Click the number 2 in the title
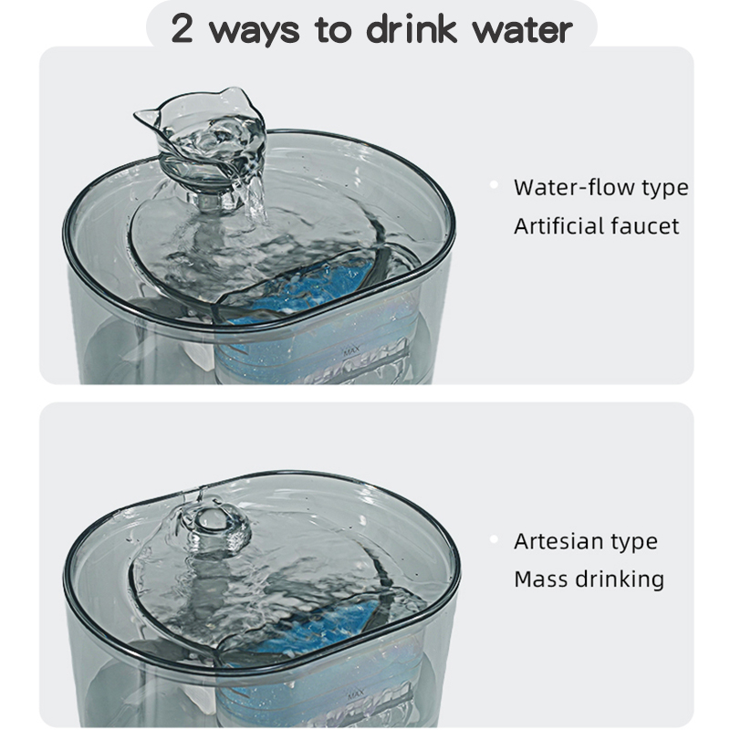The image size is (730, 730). point(182,29)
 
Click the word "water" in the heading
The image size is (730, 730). point(522,30)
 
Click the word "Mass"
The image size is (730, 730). point(541,579)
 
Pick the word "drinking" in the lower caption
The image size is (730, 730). point(620,580)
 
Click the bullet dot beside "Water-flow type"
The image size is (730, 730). point(494,185)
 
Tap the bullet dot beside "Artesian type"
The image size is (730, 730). point(494,539)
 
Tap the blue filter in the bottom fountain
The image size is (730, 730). point(317,629)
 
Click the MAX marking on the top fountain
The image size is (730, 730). point(351,351)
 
